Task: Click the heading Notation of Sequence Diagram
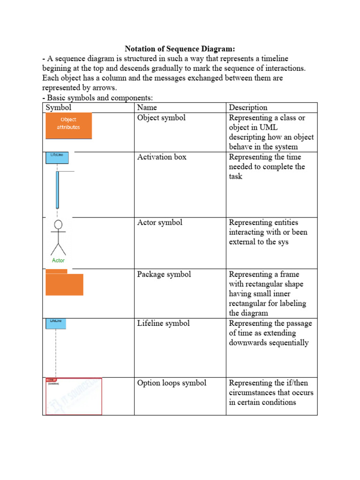(x=180, y=49)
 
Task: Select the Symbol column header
(x=59, y=108)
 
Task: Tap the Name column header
(x=147, y=108)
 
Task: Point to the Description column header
(x=248, y=108)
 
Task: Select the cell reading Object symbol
(x=161, y=118)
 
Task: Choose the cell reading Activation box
(x=161, y=157)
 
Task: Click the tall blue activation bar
(x=57, y=189)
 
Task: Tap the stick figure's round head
(x=58, y=225)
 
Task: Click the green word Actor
(x=58, y=260)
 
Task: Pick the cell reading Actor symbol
(x=159, y=223)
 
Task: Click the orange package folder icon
(x=64, y=284)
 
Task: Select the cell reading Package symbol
(x=164, y=274)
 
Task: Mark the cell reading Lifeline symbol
(x=163, y=323)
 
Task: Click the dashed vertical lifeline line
(x=56, y=352)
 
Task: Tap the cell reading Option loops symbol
(x=172, y=383)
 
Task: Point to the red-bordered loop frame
(x=73, y=397)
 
